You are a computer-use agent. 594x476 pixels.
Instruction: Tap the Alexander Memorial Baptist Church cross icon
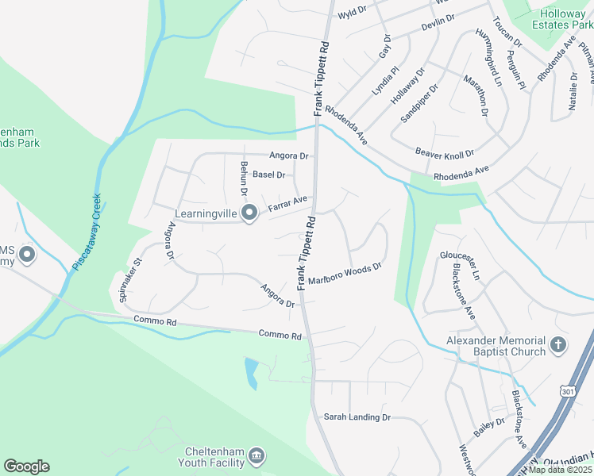(x=558, y=346)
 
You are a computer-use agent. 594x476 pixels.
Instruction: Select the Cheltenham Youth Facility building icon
(x=257, y=456)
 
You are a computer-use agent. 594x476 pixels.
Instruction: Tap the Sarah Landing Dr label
(x=357, y=416)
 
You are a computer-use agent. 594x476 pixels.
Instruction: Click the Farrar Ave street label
(x=287, y=205)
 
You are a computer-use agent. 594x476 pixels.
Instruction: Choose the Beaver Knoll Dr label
(x=444, y=152)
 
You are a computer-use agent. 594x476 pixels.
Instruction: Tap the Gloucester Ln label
(x=461, y=264)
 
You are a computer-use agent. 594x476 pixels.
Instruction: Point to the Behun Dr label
(x=245, y=178)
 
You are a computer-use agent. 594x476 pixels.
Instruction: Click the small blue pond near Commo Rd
(x=252, y=373)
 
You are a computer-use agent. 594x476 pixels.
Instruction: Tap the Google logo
(x=26, y=466)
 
